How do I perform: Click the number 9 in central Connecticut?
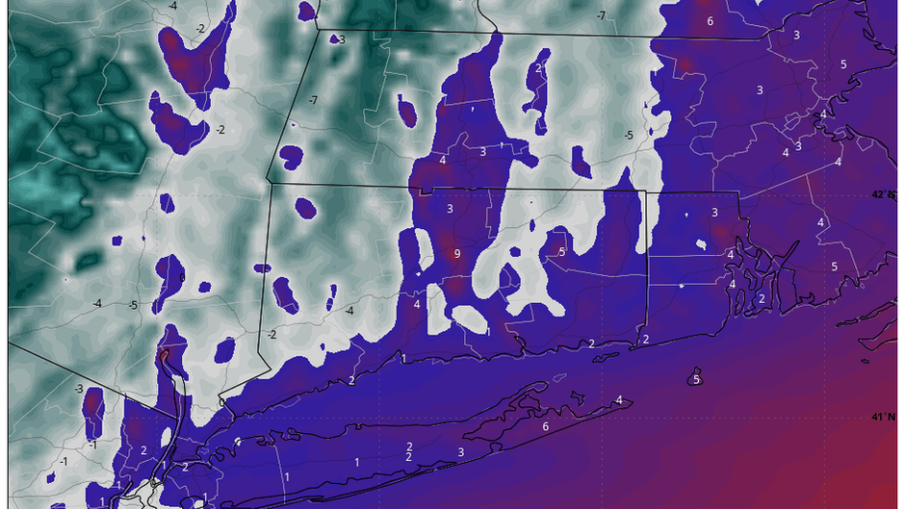coord(456,254)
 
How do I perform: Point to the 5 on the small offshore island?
coord(696,379)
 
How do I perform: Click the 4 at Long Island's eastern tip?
coord(619,400)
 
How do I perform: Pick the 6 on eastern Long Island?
coord(545,426)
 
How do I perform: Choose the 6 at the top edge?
coord(710,21)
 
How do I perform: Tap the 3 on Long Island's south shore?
coord(460,452)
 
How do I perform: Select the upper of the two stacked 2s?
coord(409,446)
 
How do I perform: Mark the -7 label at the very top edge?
coord(600,15)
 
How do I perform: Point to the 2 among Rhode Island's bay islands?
coord(762,299)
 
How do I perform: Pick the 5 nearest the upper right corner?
coord(842,64)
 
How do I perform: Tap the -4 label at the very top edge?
coord(172,6)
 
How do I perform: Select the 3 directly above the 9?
coord(450,208)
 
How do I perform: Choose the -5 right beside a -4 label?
coord(133,306)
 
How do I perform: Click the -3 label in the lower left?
coord(78,388)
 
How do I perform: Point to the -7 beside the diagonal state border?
coord(312,100)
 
